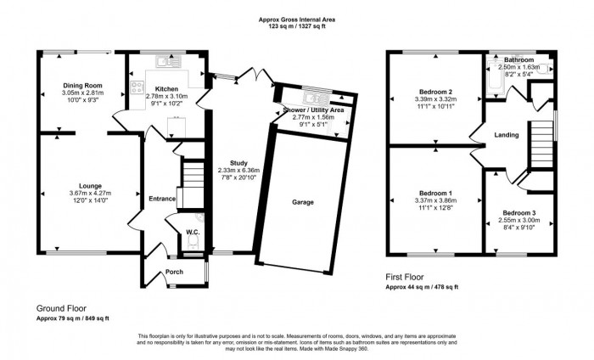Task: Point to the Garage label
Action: [x=303, y=203]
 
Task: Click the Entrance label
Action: [x=161, y=199]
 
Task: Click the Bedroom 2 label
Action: [x=434, y=91]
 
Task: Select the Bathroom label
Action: [x=518, y=60]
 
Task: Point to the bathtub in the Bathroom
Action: [x=493, y=78]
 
